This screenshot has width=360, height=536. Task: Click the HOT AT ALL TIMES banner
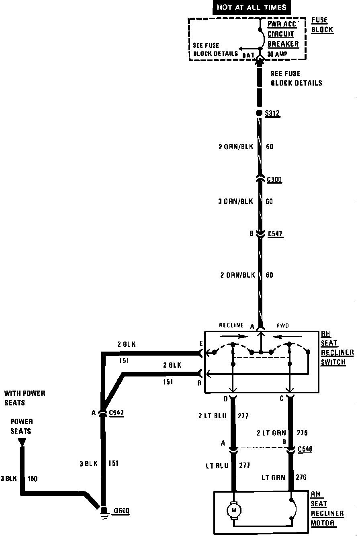tap(252, 7)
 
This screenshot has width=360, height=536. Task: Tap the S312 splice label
tap(272, 114)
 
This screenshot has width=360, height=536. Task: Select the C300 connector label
tap(274, 180)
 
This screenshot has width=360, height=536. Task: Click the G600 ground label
tap(121, 511)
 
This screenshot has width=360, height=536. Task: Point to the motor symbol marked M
tap(233, 510)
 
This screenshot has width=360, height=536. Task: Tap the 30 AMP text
tap(278, 54)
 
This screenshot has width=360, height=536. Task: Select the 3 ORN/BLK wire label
tap(236, 201)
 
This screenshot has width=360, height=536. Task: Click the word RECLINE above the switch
tap(231, 325)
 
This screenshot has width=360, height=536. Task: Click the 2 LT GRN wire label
tap(271, 433)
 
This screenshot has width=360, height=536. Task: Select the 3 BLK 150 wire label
tap(19, 479)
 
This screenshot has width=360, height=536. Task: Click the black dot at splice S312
tap(259, 113)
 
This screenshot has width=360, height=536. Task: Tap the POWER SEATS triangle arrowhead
tap(22, 442)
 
